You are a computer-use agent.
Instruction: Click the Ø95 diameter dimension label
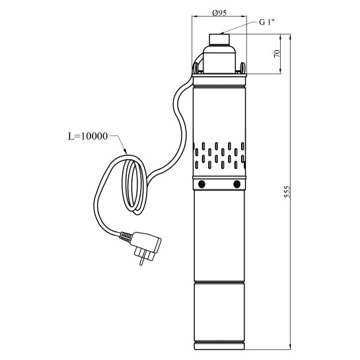[x=219, y=13]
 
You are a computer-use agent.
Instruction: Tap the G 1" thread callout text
[x=267, y=22]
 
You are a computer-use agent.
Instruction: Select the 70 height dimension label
[x=277, y=54]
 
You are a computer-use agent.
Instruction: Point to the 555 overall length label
[x=287, y=192]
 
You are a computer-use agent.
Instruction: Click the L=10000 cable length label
[x=88, y=136]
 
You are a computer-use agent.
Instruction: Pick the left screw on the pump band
[x=201, y=184]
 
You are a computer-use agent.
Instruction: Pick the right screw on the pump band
[x=236, y=184]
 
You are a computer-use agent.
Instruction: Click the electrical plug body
[x=147, y=243]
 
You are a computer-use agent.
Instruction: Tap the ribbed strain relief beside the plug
[x=126, y=236]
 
